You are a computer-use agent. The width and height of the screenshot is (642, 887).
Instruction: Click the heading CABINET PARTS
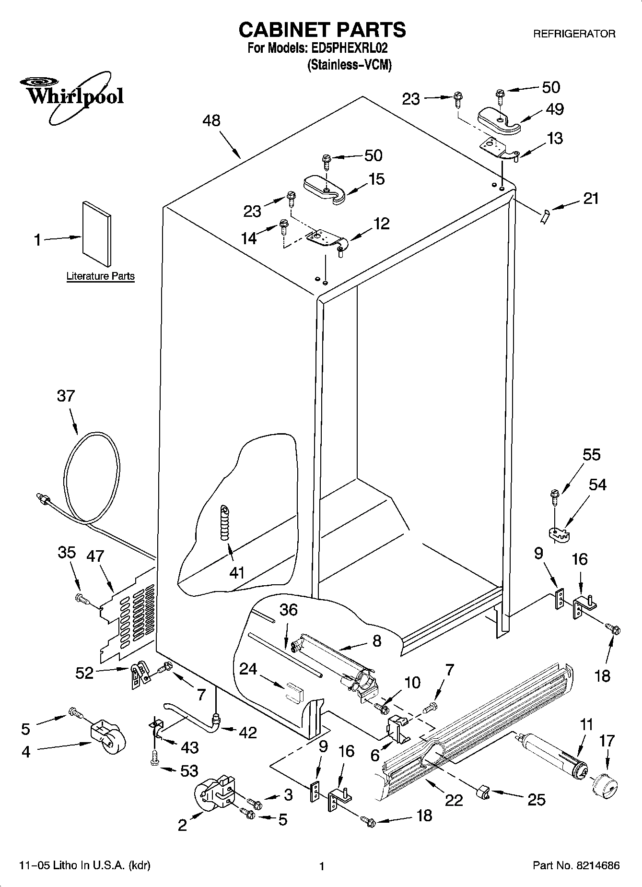322,30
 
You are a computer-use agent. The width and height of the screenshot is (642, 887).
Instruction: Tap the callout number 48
211,120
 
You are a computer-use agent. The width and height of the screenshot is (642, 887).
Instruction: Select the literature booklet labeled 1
97,233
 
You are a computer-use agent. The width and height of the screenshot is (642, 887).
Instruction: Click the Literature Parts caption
100,276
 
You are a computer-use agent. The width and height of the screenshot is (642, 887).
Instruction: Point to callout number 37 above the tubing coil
66,396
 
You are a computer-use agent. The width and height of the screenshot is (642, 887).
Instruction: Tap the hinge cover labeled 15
324,189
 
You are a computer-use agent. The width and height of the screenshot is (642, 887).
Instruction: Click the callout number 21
591,198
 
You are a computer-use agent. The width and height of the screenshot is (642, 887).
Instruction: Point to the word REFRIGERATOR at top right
574,34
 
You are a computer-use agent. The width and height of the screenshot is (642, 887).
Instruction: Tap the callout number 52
84,674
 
